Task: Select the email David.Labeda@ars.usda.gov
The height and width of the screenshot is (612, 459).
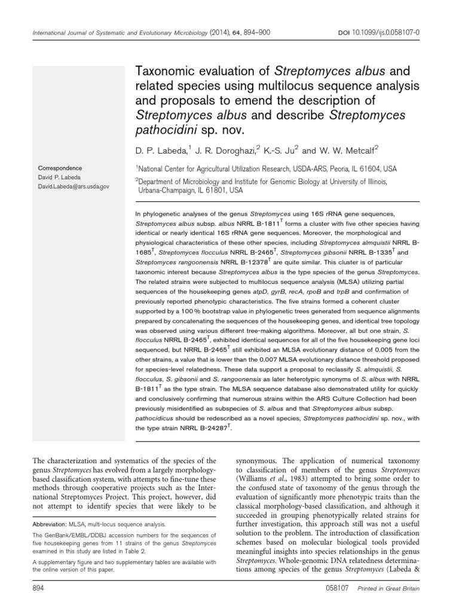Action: pyautogui.click(x=72, y=186)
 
